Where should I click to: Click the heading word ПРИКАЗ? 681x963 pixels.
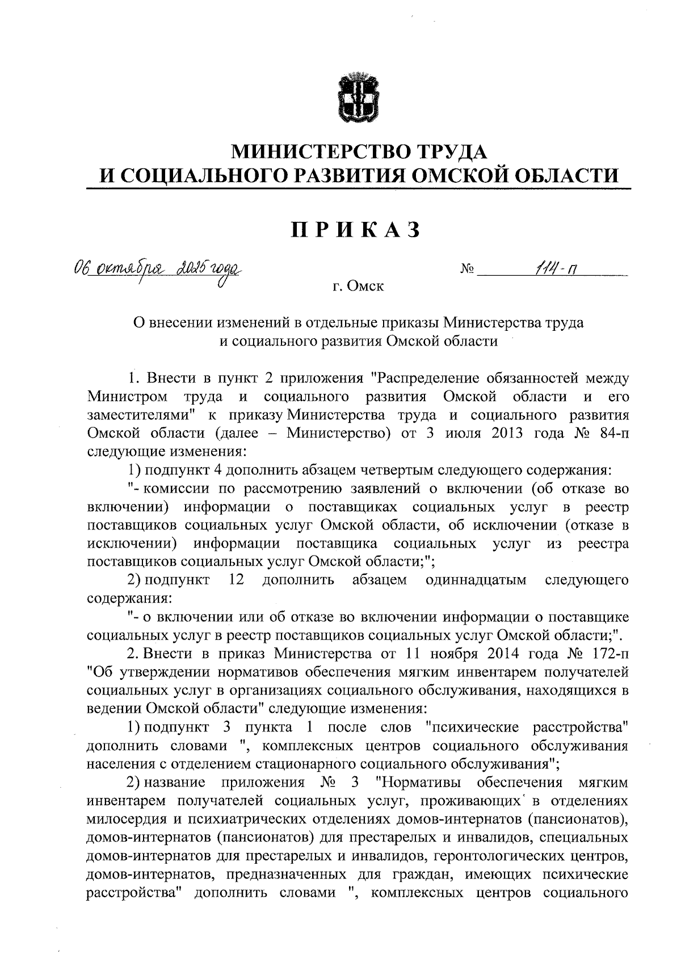[x=357, y=229]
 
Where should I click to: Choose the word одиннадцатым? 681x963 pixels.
[x=475, y=580]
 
